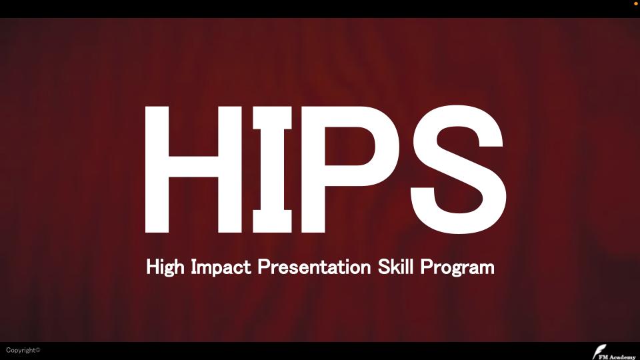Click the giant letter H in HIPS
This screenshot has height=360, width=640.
click(x=157, y=169)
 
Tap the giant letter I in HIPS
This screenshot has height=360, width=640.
click(x=272, y=169)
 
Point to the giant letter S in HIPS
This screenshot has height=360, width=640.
click(x=458, y=169)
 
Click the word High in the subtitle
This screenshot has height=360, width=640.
click(x=165, y=267)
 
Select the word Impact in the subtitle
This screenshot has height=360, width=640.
click(x=221, y=267)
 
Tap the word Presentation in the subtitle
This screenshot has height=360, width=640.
click(x=314, y=267)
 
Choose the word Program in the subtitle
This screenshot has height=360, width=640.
click(x=457, y=267)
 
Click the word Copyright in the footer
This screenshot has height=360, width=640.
click(x=21, y=350)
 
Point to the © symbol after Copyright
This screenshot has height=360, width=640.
click(x=38, y=349)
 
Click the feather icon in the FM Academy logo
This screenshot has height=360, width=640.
click(x=598, y=351)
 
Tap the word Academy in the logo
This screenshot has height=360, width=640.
click(x=623, y=357)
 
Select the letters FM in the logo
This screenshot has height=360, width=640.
click(x=603, y=357)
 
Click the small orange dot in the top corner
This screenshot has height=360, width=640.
click(x=635, y=4)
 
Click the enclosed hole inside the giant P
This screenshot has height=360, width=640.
click(x=348, y=146)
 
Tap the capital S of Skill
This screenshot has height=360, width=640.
click(x=385, y=267)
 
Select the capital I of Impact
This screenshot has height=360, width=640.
click(x=194, y=267)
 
